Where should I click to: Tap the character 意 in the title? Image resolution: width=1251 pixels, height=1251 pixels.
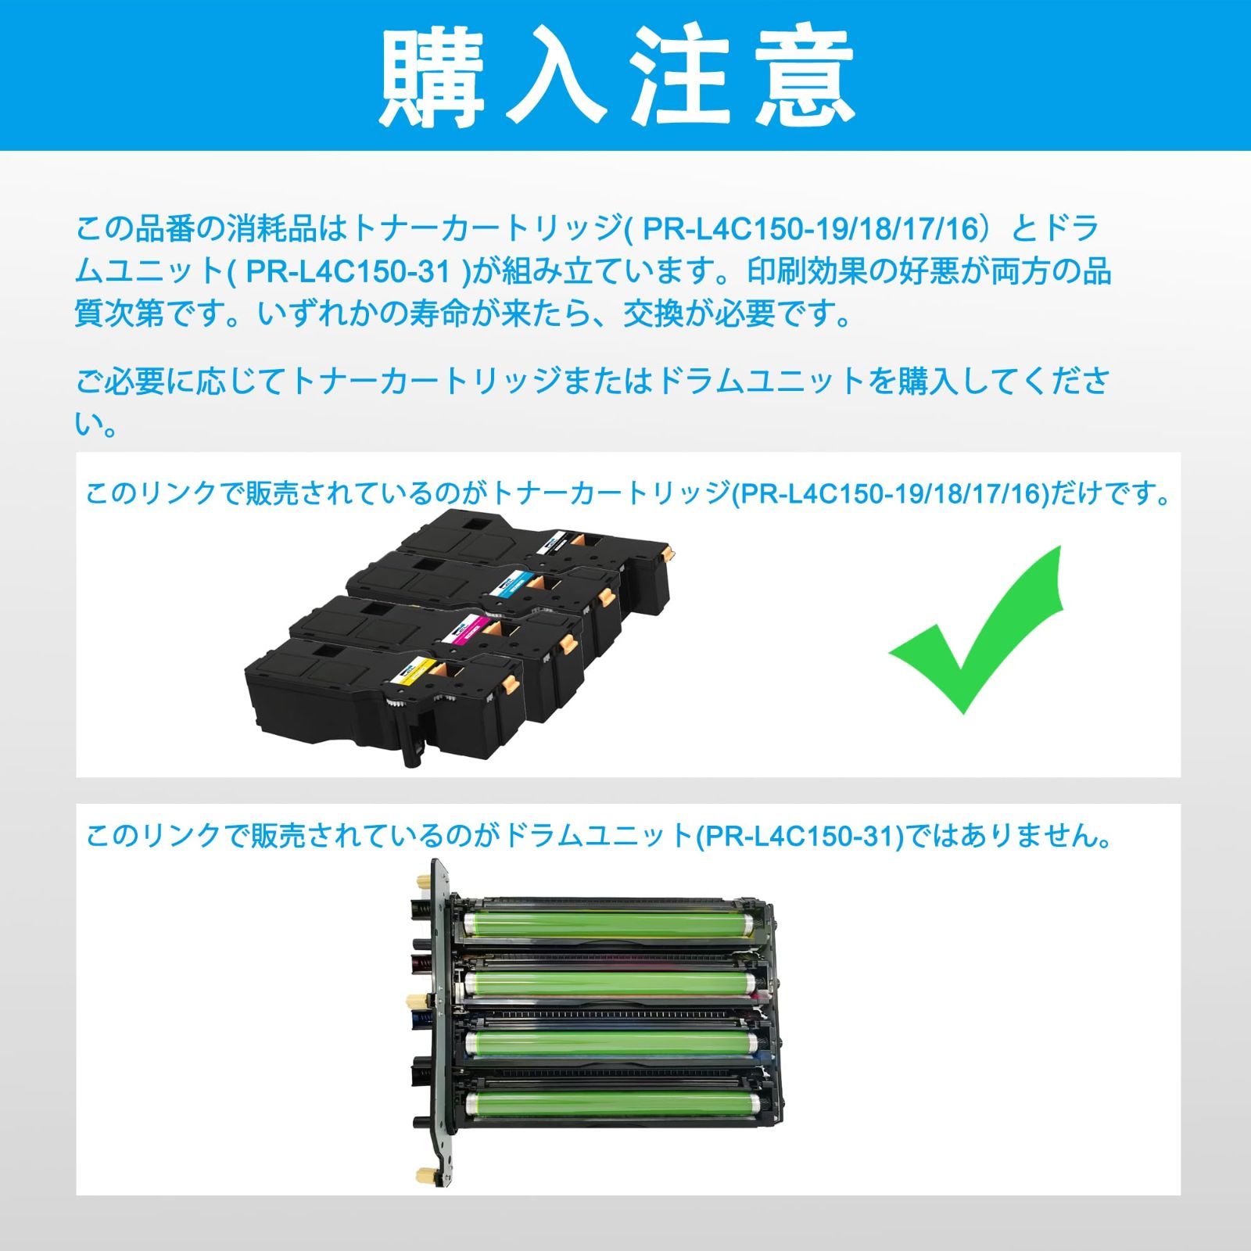[805, 76]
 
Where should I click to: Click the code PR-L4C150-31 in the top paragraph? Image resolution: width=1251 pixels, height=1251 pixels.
[349, 272]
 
